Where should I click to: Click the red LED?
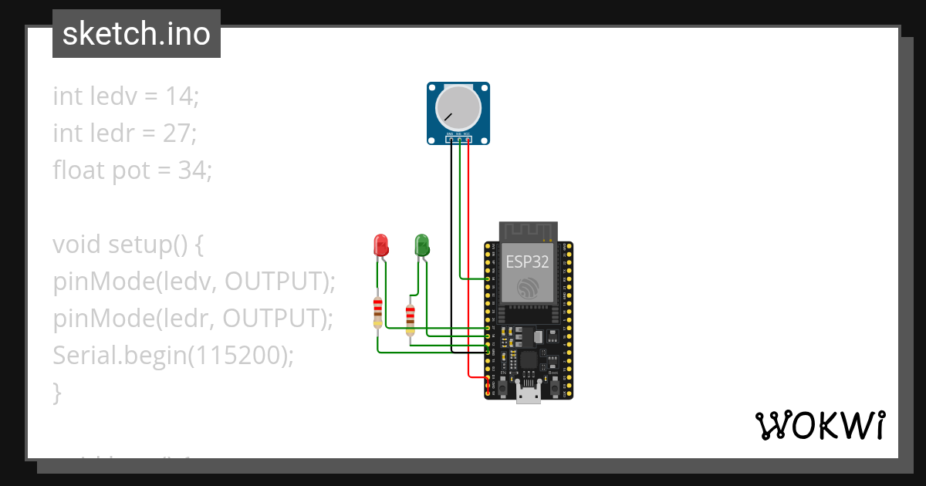[x=380, y=245]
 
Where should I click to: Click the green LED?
[x=422, y=245]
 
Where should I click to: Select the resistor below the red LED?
[x=377, y=312]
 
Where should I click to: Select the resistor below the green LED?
[x=410, y=316]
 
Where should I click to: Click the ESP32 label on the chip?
[x=528, y=262]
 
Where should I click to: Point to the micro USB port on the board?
[x=529, y=396]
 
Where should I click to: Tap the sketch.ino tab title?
[x=137, y=34]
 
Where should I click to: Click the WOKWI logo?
[x=820, y=425]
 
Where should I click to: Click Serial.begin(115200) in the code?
[x=174, y=355]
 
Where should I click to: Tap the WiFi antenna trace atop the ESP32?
[x=529, y=231]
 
